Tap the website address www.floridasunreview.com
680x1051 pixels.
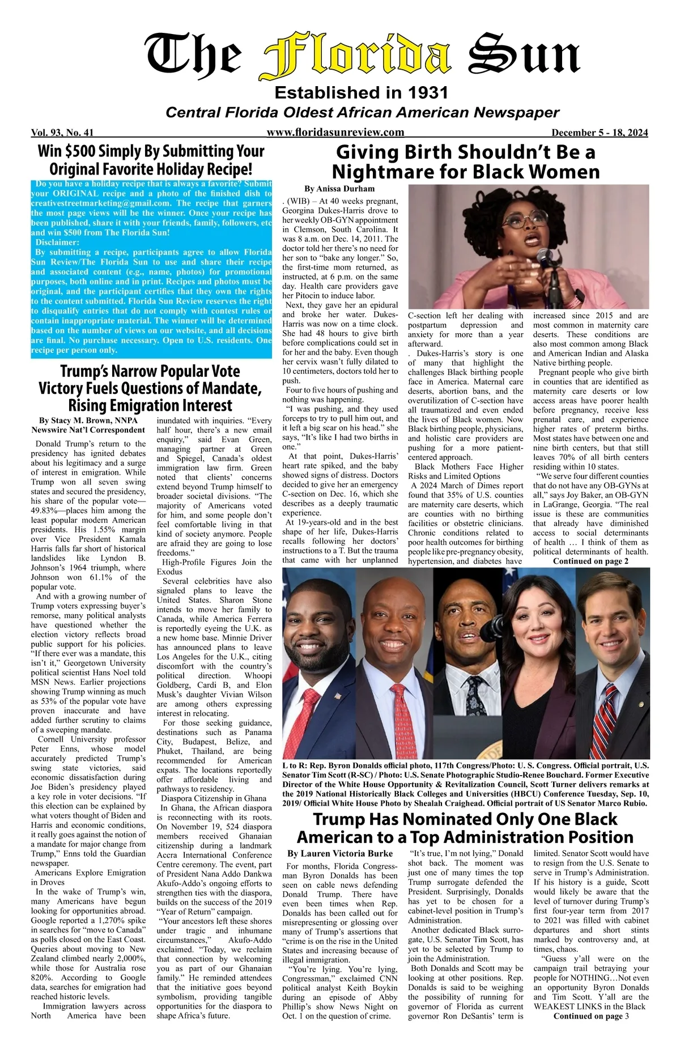point(335,133)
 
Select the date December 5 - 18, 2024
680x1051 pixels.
point(600,133)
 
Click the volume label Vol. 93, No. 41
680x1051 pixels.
point(62,133)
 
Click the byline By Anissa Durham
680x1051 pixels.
point(339,189)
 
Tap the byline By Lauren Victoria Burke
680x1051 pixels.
point(340,853)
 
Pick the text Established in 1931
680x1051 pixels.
point(361,92)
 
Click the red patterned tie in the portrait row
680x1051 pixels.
point(402,714)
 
